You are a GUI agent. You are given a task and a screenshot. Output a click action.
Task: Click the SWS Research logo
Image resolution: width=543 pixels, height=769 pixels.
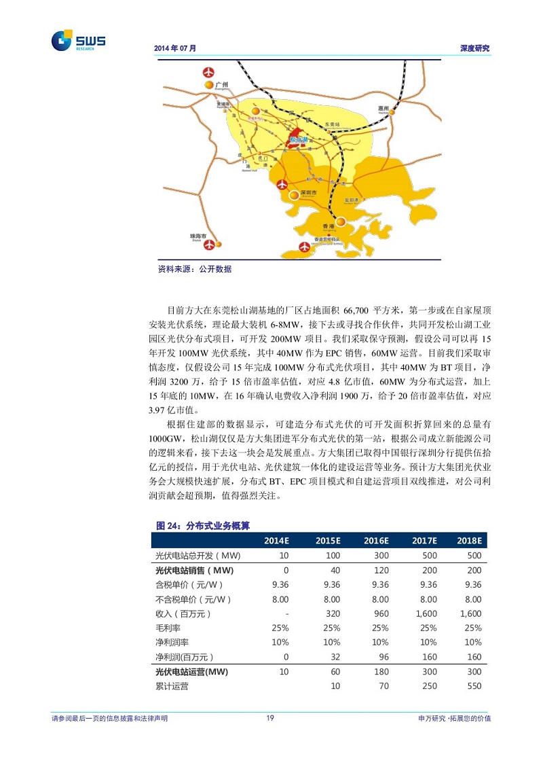[x=78, y=41]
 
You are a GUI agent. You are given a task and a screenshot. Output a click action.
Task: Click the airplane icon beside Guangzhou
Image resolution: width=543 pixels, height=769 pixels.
[x=208, y=71]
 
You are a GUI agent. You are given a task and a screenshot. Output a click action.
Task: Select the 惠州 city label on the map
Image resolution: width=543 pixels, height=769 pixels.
[x=383, y=108]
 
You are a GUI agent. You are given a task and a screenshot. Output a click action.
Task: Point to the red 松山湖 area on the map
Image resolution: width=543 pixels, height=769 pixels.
[x=299, y=141]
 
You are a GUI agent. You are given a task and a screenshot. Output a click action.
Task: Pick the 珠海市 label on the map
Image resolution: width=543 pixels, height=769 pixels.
[x=198, y=236]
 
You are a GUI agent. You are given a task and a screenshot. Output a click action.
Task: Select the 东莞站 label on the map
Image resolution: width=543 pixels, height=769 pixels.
[x=332, y=125]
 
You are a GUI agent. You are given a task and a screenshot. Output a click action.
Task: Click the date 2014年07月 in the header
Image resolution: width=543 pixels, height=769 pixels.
[x=175, y=49]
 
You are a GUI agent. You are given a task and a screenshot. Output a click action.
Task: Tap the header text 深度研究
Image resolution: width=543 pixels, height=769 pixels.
[x=474, y=49]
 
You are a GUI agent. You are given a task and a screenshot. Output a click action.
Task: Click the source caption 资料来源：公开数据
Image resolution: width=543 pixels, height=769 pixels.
[x=194, y=270]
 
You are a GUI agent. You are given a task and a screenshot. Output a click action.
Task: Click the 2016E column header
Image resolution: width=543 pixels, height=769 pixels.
[x=375, y=541]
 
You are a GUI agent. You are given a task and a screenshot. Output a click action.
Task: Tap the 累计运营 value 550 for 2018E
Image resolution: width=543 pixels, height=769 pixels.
[x=474, y=686]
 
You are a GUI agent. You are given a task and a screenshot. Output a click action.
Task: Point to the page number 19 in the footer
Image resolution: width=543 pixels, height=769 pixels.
[x=270, y=718]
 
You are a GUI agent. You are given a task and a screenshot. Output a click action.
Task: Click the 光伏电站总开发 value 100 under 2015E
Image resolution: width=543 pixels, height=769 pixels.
[x=332, y=556]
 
